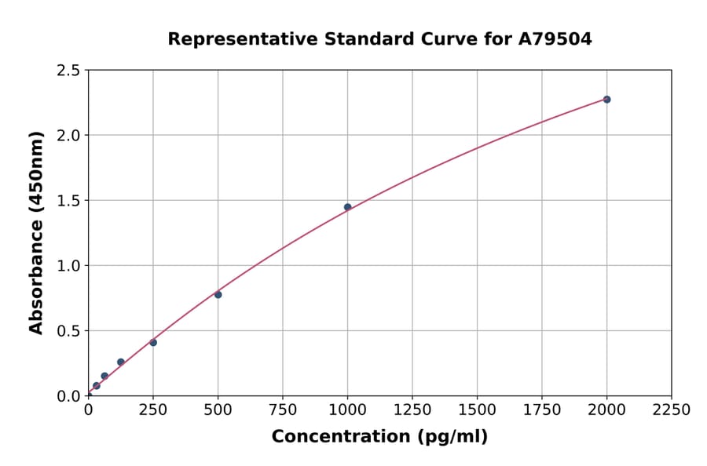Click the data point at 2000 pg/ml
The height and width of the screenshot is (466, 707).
[x=606, y=100]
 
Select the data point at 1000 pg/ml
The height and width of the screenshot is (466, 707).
[x=347, y=207]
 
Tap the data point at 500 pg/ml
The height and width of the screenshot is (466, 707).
[x=218, y=294]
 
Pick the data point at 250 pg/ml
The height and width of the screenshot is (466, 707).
[x=153, y=342]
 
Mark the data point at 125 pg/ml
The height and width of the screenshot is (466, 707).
[x=120, y=362]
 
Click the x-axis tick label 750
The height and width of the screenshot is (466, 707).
[x=283, y=410]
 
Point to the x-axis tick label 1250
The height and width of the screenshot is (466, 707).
[x=412, y=410]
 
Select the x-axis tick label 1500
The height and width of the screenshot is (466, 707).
[x=477, y=410]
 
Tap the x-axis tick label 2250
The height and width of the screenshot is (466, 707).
[x=672, y=410]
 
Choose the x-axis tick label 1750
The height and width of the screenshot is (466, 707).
[x=542, y=410]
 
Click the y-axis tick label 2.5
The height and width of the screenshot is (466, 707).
[x=68, y=71]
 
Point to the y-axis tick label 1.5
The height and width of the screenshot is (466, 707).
[x=68, y=201]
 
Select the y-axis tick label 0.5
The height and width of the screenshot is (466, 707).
[x=68, y=331]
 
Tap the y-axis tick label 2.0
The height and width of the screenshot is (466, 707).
[x=68, y=136]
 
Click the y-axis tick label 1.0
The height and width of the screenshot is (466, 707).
[x=68, y=266]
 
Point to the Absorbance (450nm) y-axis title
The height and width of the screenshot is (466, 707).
[x=36, y=233]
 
